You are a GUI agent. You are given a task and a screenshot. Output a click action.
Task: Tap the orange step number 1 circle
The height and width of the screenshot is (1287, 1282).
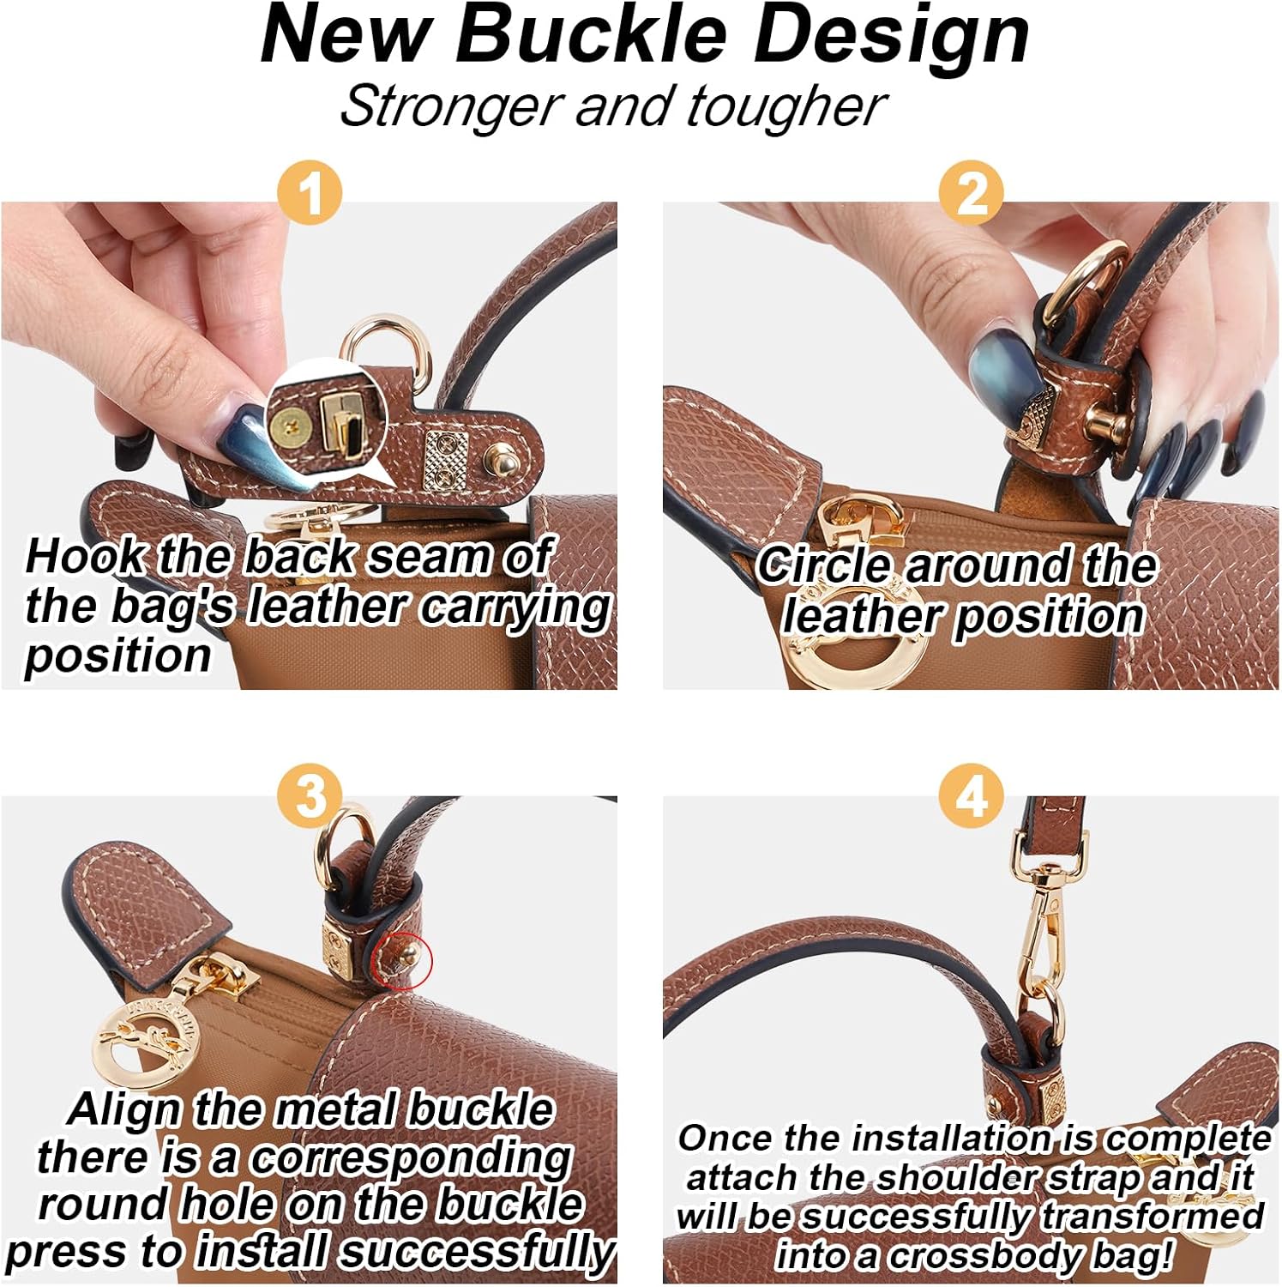(x=310, y=193)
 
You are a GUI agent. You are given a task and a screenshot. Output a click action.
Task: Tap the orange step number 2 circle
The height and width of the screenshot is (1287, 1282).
(x=972, y=193)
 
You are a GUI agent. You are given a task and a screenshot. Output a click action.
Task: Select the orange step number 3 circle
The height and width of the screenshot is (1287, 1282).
(x=310, y=796)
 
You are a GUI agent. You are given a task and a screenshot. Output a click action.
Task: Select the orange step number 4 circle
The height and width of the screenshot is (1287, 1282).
(x=972, y=796)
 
